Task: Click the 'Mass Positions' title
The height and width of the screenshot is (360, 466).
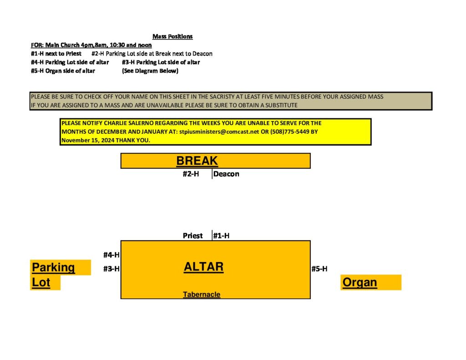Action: pos(172,36)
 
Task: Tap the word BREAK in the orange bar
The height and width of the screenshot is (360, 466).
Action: pos(197,161)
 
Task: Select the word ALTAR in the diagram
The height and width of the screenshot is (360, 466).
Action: pos(203,267)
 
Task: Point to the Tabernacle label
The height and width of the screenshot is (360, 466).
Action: pos(202,294)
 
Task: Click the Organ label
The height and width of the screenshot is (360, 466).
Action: pos(360,282)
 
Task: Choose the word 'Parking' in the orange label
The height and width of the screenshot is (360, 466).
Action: pos(53,268)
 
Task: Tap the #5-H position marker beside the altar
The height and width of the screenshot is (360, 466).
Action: pos(319,269)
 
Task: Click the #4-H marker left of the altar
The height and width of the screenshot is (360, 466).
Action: pos(111,255)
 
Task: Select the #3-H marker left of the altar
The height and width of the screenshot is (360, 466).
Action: pos(111,269)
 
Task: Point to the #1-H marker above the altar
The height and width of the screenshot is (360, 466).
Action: pos(221,236)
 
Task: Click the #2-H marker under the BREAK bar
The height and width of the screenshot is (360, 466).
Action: pos(191,174)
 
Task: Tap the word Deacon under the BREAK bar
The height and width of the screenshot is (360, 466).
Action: pos(226,174)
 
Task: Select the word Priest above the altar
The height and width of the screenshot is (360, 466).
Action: pos(192,236)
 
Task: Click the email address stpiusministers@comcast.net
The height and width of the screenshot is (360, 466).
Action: pos(219,132)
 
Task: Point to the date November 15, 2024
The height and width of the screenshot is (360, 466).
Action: pos(88,140)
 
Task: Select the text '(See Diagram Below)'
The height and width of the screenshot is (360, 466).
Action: pos(150,71)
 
